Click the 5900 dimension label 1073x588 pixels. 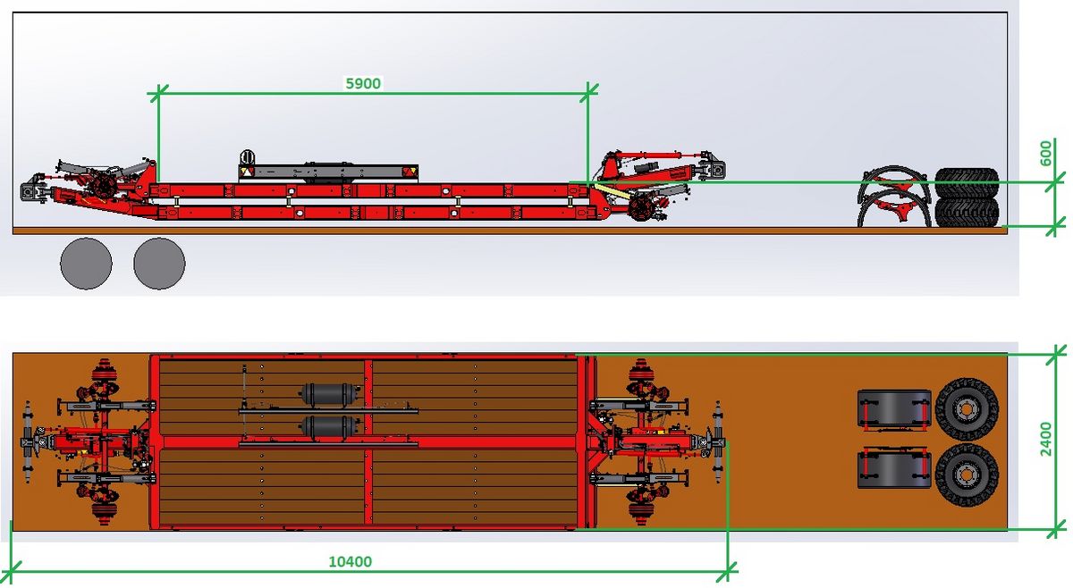click(x=363, y=83)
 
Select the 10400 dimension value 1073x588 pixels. click(x=351, y=562)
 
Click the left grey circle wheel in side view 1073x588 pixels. click(x=86, y=264)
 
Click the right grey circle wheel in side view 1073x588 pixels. click(x=159, y=264)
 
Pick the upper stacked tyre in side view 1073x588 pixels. click(x=967, y=183)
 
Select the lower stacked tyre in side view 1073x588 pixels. click(x=967, y=212)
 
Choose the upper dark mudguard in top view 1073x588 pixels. click(x=893, y=408)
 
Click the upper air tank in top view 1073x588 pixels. click(x=332, y=394)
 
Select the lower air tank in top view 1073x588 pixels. click(x=332, y=425)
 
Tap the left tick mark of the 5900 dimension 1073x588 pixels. click(x=158, y=91)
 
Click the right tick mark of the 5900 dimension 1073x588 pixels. click(x=588, y=89)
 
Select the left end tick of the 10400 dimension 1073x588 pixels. click(x=12, y=567)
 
